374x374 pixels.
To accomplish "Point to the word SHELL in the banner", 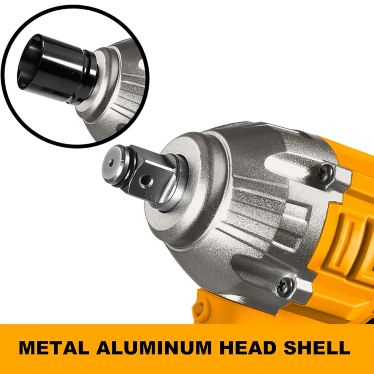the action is [317, 348].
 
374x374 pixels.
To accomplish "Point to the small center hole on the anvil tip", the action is [111, 163].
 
